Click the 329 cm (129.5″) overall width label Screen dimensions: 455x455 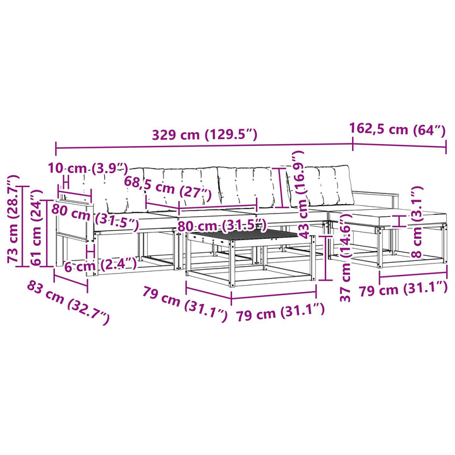click(x=205, y=135)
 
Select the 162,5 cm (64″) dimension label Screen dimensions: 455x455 click(x=397, y=129)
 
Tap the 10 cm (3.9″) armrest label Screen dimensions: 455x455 click(x=88, y=168)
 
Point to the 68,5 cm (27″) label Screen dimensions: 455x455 click(x=167, y=189)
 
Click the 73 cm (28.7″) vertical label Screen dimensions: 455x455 click(x=14, y=219)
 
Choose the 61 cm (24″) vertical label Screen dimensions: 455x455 click(x=37, y=227)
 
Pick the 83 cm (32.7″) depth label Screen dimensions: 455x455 click(x=68, y=302)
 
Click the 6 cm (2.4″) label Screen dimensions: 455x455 click(x=100, y=265)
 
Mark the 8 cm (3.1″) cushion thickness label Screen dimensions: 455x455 click(x=417, y=222)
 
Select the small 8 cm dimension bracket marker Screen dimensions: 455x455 click(x=399, y=221)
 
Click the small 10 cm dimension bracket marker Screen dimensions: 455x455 click(x=66, y=182)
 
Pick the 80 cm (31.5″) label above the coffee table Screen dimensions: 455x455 click(x=222, y=226)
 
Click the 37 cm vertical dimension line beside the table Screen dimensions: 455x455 click(x=326, y=258)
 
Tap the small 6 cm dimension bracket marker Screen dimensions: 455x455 click(x=91, y=252)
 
